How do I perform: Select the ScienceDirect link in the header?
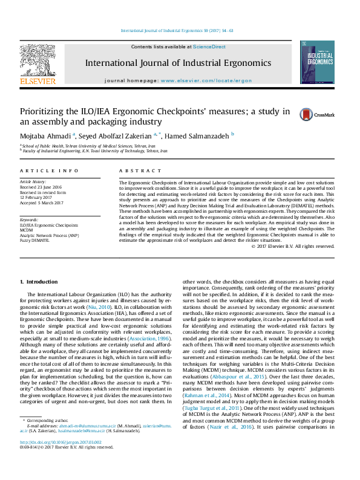[209, 47]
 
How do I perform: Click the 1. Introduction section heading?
[39, 282]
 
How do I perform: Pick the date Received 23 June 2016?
[41, 187]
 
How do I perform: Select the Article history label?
[34, 181]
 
